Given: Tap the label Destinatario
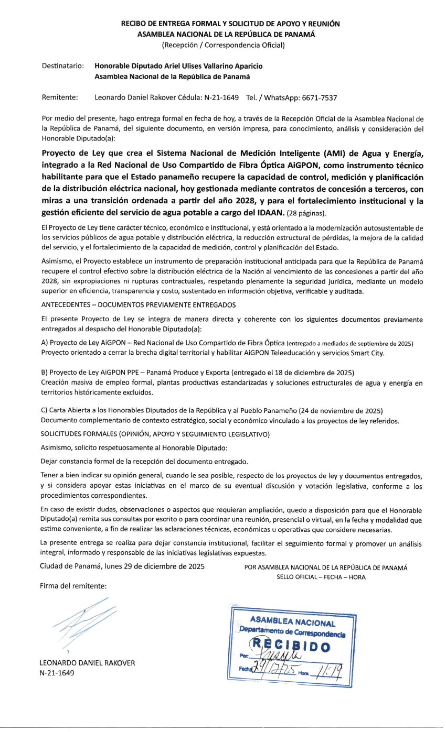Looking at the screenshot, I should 62,66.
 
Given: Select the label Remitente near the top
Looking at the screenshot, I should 60,97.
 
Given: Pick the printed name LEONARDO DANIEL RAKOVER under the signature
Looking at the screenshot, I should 88,663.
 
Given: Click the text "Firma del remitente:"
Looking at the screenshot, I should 73,586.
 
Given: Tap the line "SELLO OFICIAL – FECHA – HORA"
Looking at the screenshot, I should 321,577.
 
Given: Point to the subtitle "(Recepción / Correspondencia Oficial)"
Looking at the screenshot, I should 223,45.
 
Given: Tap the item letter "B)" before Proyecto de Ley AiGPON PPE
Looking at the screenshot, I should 45,373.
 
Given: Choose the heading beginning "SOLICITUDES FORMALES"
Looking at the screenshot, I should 155,434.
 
